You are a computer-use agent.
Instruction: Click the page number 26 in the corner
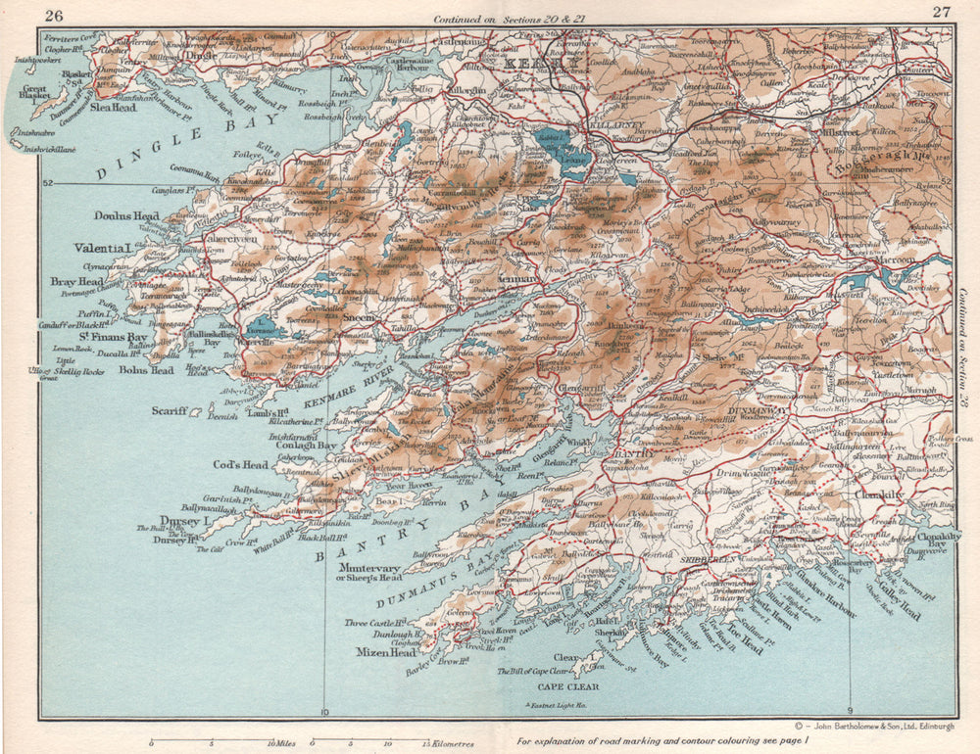[54, 14]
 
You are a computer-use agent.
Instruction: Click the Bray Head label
[76, 282]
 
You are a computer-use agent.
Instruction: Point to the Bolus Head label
[147, 370]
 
